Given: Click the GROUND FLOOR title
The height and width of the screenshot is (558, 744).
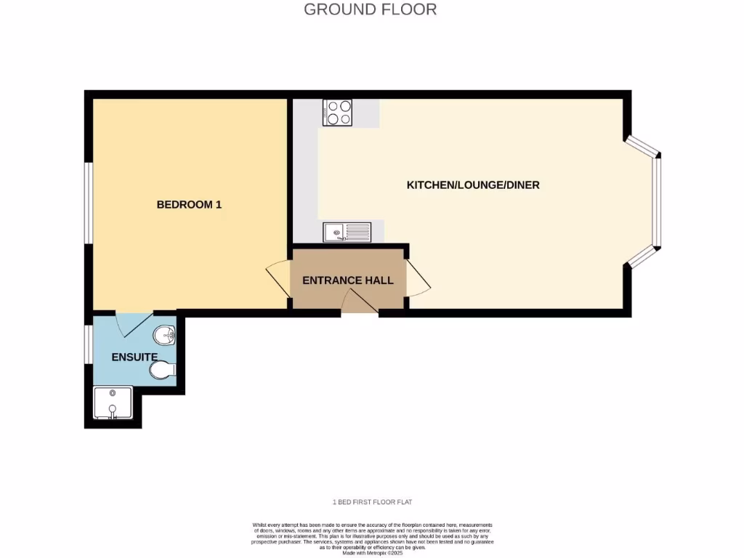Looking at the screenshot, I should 370,9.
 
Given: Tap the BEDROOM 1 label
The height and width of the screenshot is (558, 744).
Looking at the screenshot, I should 189,205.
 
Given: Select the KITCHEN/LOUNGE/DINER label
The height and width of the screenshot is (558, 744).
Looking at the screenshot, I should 472,185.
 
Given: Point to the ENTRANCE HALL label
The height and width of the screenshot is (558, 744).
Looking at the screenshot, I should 347,280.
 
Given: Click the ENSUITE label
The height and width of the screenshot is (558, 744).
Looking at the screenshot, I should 134,357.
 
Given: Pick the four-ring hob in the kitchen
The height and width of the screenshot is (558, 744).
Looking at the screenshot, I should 337,113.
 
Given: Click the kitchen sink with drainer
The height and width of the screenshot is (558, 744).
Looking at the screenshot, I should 347,232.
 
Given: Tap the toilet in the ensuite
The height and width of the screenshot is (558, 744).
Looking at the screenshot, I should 163,371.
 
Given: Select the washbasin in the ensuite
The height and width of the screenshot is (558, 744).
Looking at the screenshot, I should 165,336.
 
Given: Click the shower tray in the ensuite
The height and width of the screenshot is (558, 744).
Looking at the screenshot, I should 113,403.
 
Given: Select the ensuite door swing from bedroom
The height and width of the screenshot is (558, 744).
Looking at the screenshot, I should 134,324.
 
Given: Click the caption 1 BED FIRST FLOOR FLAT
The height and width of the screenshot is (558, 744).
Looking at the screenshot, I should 372,502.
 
